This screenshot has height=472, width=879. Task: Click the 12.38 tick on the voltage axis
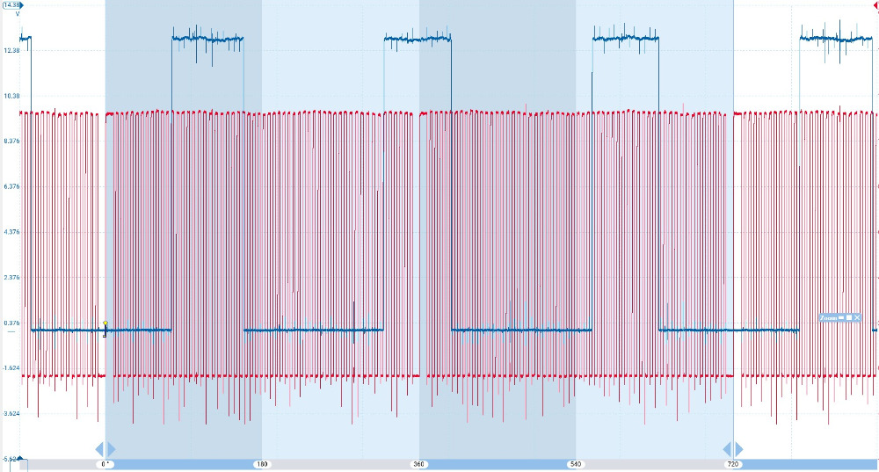click(x=11, y=50)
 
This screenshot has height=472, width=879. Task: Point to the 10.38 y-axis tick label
click(x=11, y=95)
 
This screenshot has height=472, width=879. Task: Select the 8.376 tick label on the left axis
click(x=11, y=141)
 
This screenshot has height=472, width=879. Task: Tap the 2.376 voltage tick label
click(x=11, y=277)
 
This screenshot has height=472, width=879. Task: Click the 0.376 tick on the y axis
click(x=11, y=323)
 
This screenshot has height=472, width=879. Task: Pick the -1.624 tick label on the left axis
click(x=11, y=367)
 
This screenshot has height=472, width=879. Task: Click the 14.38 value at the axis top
click(x=11, y=5)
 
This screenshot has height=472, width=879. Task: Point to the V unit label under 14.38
click(x=17, y=14)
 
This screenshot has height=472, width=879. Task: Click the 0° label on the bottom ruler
click(x=105, y=463)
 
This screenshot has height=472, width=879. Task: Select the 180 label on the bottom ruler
click(x=261, y=463)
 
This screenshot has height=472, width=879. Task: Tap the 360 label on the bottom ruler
click(x=418, y=463)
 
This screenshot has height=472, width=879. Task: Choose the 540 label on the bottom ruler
click(x=576, y=463)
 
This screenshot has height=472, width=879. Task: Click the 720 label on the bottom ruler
click(x=732, y=463)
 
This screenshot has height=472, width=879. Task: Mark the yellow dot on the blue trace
click(x=105, y=323)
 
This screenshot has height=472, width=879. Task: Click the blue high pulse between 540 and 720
click(x=625, y=38)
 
